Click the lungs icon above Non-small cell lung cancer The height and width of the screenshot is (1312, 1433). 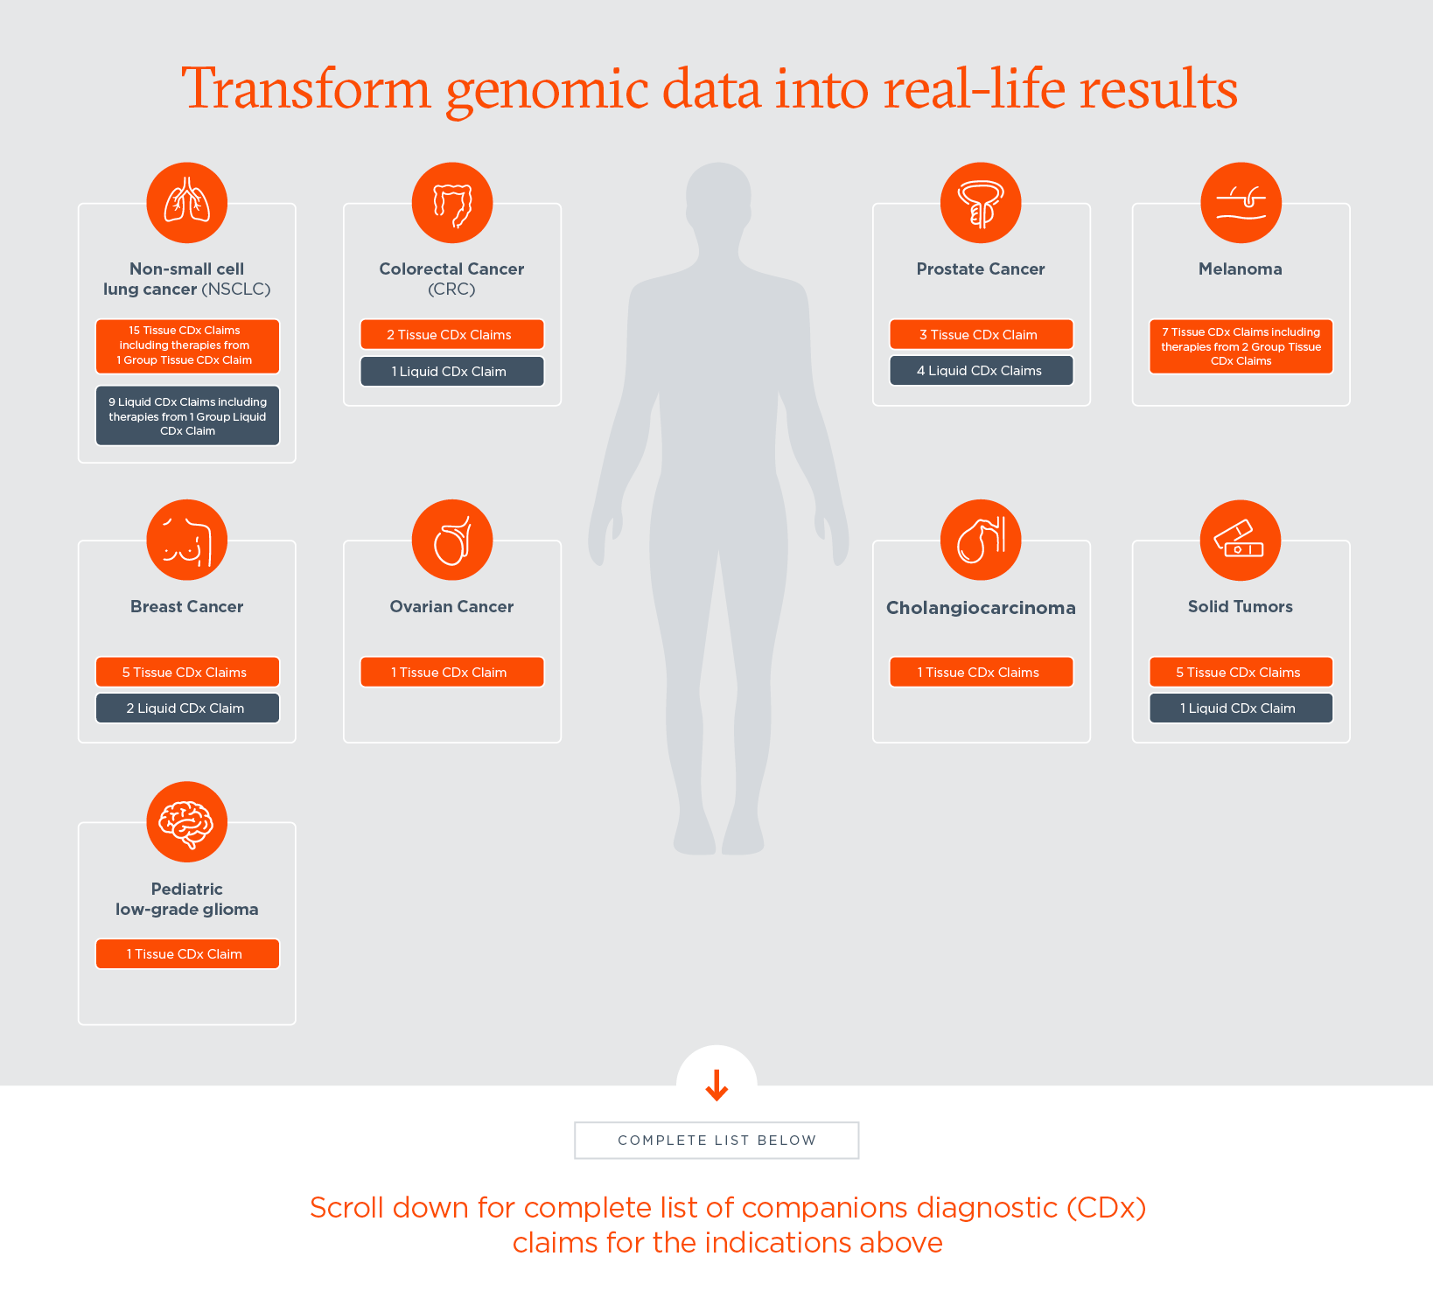pyautogui.click(x=187, y=203)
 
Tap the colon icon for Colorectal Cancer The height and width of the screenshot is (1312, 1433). pyautogui.click(x=452, y=203)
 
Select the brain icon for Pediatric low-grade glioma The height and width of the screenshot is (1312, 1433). pyautogui.click(x=187, y=822)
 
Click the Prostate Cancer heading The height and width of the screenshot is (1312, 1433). pyautogui.click(x=981, y=269)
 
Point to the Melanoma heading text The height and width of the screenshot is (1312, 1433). pyautogui.click(x=1241, y=269)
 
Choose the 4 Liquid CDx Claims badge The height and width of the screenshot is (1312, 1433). pyautogui.click(x=981, y=371)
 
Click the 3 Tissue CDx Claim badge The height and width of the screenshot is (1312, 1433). pyautogui.click(x=981, y=334)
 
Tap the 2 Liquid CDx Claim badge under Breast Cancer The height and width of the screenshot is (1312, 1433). pyautogui.click(x=187, y=708)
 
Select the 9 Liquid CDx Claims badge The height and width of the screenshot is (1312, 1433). pyautogui.click(x=187, y=416)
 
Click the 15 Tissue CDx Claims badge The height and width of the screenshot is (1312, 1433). pyautogui.click(x=187, y=345)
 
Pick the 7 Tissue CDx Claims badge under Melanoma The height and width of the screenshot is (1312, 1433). pyautogui.click(x=1241, y=346)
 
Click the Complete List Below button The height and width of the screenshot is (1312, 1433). pyautogui.click(x=716, y=1141)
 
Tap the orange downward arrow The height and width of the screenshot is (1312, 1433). pyautogui.click(x=716, y=1085)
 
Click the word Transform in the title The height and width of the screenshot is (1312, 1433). pyautogui.click(x=306, y=89)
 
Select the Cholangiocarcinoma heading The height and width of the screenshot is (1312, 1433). pyautogui.click(x=981, y=608)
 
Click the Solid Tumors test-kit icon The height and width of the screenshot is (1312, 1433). pyautogui.click(x=1241, y=540)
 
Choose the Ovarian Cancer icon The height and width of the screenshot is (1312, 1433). pyautogui.click(x=452, y=540)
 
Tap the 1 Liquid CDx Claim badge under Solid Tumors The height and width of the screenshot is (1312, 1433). pyautogui.click(x=1241, y=708)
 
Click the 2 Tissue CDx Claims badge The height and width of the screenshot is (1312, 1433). pyautogui.click(x=452, y=334)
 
